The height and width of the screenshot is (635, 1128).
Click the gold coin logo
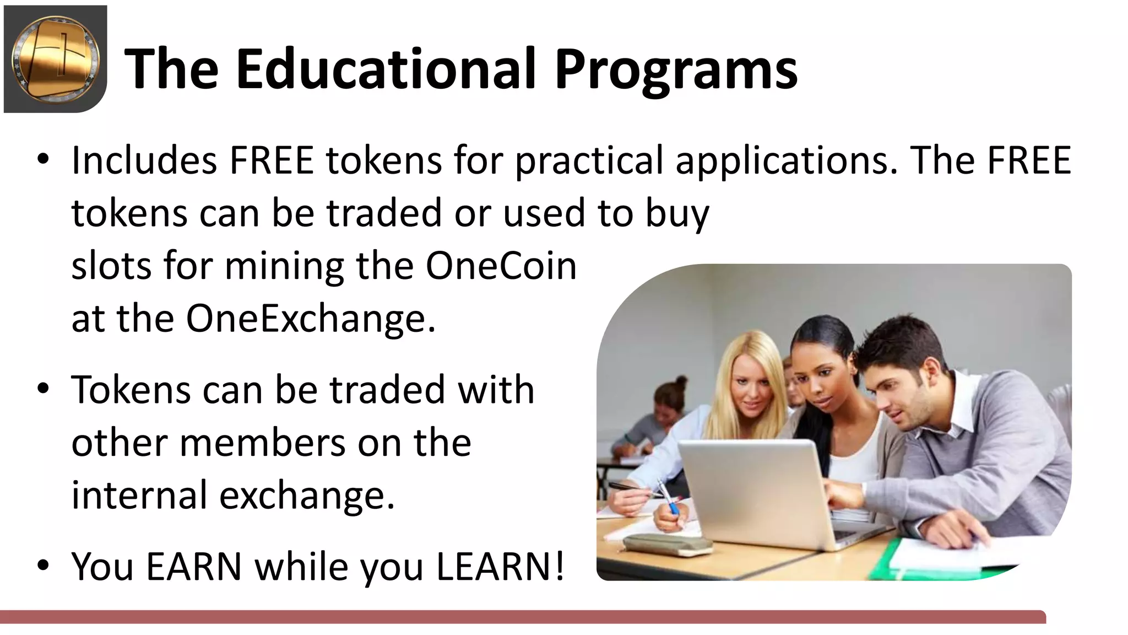[55, 59]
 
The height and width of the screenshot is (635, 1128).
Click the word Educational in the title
[386, 69]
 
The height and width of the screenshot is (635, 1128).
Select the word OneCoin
[501, 266]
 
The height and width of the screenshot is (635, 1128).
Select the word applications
[787, 160]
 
